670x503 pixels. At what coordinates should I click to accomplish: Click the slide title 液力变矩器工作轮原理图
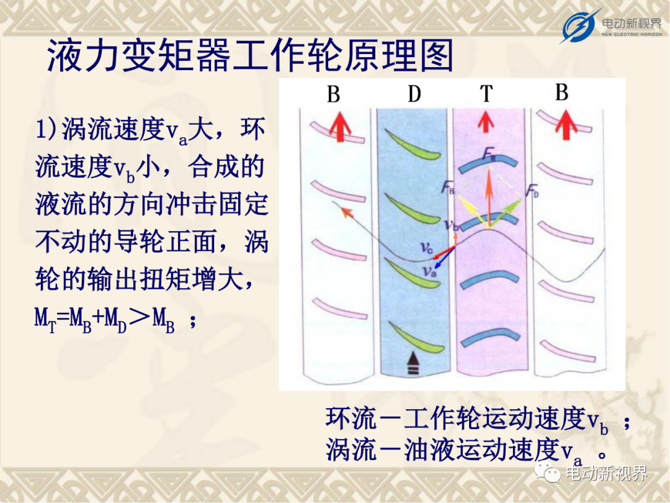[251, 56]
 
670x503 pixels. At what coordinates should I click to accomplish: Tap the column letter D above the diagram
[414, 93]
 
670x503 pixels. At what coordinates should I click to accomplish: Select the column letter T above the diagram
[486, 93]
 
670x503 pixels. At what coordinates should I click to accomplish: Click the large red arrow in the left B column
[340, 127]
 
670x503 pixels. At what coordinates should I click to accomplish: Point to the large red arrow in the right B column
[566, 125]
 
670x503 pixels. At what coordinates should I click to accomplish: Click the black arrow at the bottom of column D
[413, 363]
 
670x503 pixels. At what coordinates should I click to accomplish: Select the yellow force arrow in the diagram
[472, 211]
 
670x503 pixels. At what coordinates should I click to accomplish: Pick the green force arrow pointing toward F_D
[506, 212]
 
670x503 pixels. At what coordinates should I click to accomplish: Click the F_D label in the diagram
[532, 191]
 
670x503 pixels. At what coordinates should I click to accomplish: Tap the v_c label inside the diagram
[426, 247]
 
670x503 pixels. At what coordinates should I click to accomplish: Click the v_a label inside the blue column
[429, 271]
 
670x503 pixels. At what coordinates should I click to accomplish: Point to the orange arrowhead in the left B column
[347, 212]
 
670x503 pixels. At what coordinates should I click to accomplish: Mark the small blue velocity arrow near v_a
[444, 258]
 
